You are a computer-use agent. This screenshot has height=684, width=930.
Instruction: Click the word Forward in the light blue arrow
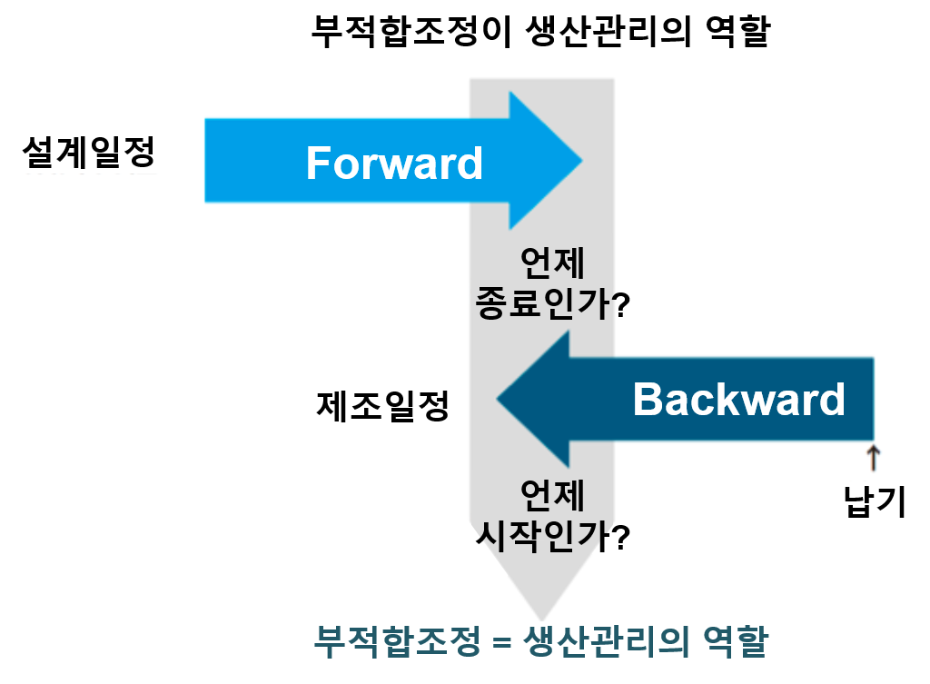click(x=394, y=164)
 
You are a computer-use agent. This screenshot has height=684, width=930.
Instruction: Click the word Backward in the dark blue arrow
click(x=739, y=400)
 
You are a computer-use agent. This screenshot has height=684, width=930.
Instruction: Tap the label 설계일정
click(x=89, y=152)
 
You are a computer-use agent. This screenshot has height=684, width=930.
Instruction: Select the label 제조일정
click(x=382, y=406)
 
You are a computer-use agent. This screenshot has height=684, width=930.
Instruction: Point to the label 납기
click(x=875, y=501)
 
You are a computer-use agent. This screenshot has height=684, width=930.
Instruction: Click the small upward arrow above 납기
click(x=873, y=458)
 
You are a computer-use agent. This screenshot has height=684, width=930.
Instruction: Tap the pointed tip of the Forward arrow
click(x=582, y=160)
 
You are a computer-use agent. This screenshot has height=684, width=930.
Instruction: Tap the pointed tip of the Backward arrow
click(x=497, y=400)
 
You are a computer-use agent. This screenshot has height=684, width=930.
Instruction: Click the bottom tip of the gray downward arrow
click(x=541, y=620)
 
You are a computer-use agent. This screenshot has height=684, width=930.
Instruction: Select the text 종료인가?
click(x=552, y=303)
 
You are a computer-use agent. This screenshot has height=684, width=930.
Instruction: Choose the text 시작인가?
click(x=552, y=537)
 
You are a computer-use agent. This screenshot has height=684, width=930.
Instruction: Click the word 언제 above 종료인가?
click(x=552, y=263)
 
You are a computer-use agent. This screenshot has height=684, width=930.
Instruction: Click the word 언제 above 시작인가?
click(x=552, y=495)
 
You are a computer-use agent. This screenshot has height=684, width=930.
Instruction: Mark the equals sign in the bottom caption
click(x=501, y=642)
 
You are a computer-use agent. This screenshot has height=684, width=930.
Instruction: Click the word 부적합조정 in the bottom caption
click(x=396, y=641)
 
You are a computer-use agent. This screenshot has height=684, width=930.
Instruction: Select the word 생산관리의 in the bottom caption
click(x=606, y=641)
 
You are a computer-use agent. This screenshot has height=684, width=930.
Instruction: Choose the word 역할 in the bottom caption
click(x=736, y=641)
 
